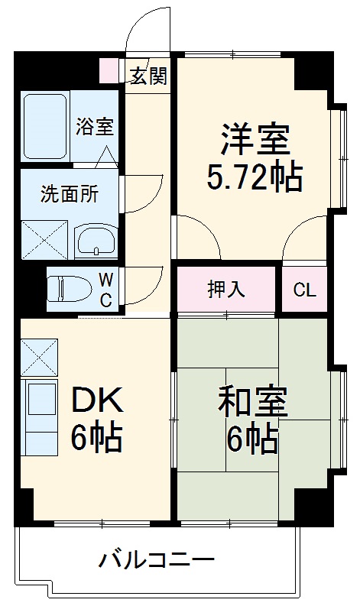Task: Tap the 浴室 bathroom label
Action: (x=95, y=127)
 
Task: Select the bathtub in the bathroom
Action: (x=45, y=127)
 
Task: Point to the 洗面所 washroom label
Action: (x=69, y=194)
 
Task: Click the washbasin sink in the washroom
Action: (x=96, y=241)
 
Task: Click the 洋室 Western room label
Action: (x=254, y=140)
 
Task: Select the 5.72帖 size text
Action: (x=254, y=177)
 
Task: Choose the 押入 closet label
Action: (x=225, y=290)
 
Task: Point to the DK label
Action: (x=97, y=398)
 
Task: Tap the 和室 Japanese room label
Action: (x=251, y=401)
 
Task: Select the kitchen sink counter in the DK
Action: (x=40, y=416)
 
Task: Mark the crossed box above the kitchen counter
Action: (x=39, y=356)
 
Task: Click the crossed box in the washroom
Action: (x=44, y=239)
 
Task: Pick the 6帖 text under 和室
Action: (x=251, y=439)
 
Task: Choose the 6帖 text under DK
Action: (x=97, y=437)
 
